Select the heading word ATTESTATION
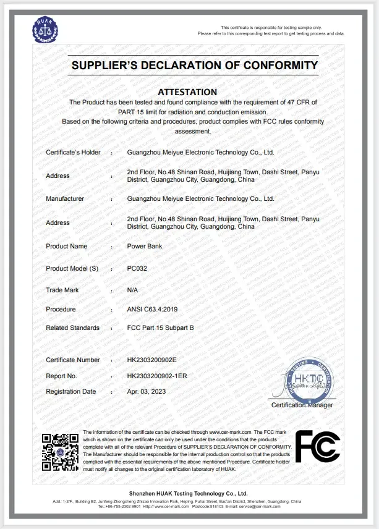tap(187, 91)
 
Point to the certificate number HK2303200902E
tap(151, 360)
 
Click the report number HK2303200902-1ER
tap(156, 375)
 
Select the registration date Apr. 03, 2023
tap(146, 391)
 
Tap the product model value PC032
tap(136, 268)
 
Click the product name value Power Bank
tap(143, 246)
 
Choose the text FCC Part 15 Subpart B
tap(160, 328)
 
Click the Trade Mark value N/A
tap(132, 290)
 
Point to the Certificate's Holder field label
tap(73, 152)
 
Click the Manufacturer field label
tap(65, 199)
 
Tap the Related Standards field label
tap(72, 328)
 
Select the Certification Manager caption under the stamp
tap(302, 405)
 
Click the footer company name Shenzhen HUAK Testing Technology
tap(190, 493)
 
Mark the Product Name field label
tap(67, 246)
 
